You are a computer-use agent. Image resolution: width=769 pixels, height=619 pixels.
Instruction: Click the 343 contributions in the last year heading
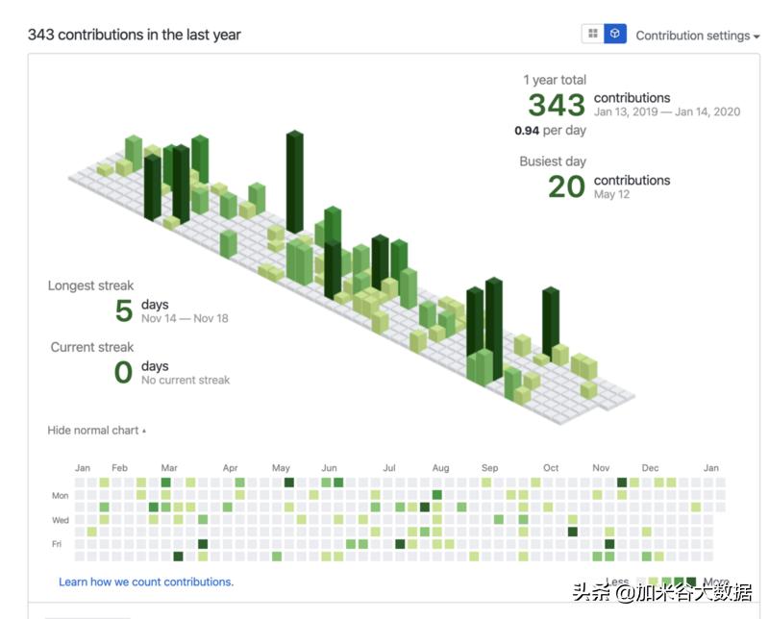(134, 35)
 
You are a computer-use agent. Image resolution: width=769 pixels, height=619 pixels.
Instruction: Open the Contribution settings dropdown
(697, 36)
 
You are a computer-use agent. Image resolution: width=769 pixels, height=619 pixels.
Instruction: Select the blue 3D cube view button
(615, 34)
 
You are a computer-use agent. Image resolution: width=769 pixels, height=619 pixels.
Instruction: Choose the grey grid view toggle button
(593, 34)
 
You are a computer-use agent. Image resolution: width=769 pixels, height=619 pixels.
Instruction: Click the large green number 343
(556, 105)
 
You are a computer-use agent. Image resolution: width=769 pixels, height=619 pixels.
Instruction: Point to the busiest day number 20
(566, 186)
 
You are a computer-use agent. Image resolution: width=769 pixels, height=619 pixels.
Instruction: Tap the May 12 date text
(611, 194)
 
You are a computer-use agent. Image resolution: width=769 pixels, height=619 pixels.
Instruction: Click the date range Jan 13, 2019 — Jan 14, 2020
(666, 111)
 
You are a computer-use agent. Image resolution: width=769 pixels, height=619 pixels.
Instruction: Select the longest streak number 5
(124, 310)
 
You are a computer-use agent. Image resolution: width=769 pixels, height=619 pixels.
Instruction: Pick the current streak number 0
(123, 372)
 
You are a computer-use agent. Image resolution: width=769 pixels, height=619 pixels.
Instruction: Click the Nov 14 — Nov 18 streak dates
(185, 318)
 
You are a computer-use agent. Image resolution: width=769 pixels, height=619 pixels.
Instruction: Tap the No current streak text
(186, 380)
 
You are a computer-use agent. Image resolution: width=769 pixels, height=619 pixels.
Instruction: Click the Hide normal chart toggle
(96, 431)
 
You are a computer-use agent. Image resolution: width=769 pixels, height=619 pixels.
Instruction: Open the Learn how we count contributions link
(146, 582)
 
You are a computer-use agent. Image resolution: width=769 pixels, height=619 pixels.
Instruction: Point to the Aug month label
(440, 468)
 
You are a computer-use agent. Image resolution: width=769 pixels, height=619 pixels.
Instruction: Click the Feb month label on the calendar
(119, 468)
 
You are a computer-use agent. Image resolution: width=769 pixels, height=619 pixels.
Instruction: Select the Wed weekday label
(60, 520)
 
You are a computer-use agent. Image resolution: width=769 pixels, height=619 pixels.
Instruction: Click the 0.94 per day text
(550, 130)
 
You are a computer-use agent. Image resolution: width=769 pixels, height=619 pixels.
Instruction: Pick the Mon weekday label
(60, 496)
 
